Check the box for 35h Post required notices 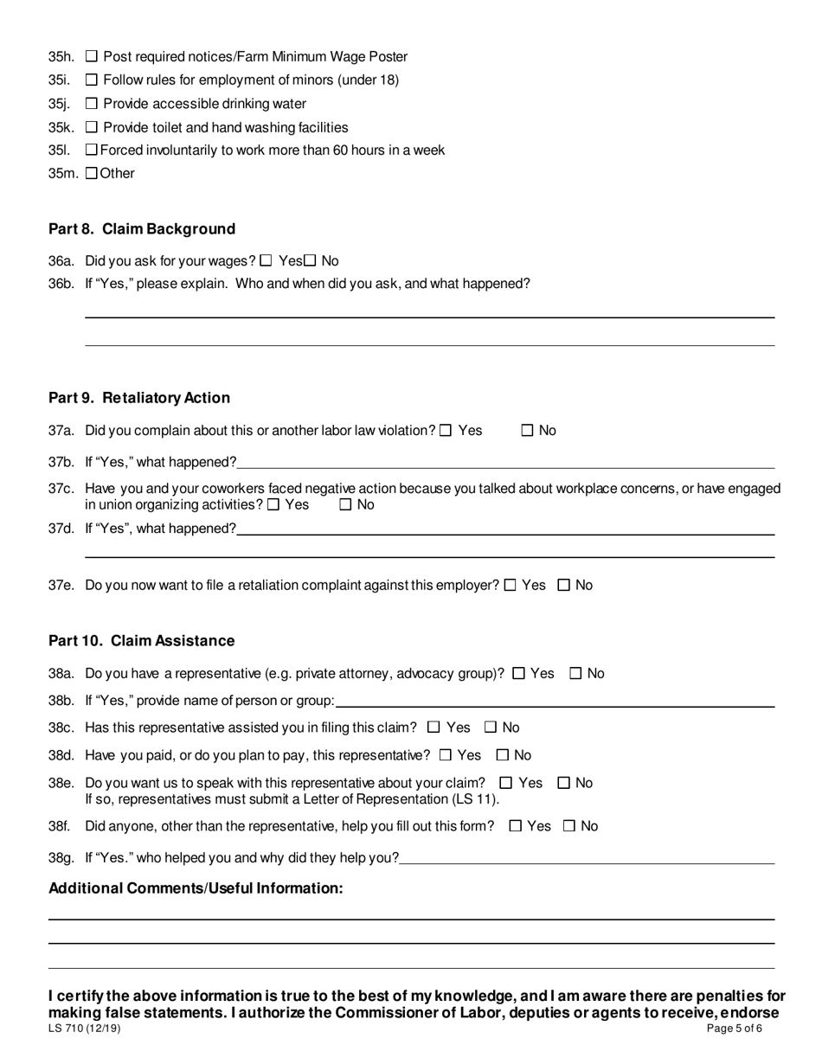click(x=92, y=57)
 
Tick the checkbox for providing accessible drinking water click(x=92, y=104)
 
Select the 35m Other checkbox click(x=93, y=173)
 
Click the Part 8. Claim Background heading click(x=142, y=229)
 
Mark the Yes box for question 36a click(x=266, y=260)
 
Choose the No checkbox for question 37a click(x=528, y=431)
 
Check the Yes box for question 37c click(x=273, y=505)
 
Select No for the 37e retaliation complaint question click(x=564, y=586)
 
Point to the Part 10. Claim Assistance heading click(x=142, y=641)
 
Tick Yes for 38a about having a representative click(x=519, y=674)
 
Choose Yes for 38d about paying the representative click(x=446, y=755)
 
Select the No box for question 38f click(x=569, y=826)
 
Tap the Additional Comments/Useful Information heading click(x=196, y=888)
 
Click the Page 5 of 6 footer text click(x=735, y=1029)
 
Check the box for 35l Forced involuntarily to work click(x=93, y=151)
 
